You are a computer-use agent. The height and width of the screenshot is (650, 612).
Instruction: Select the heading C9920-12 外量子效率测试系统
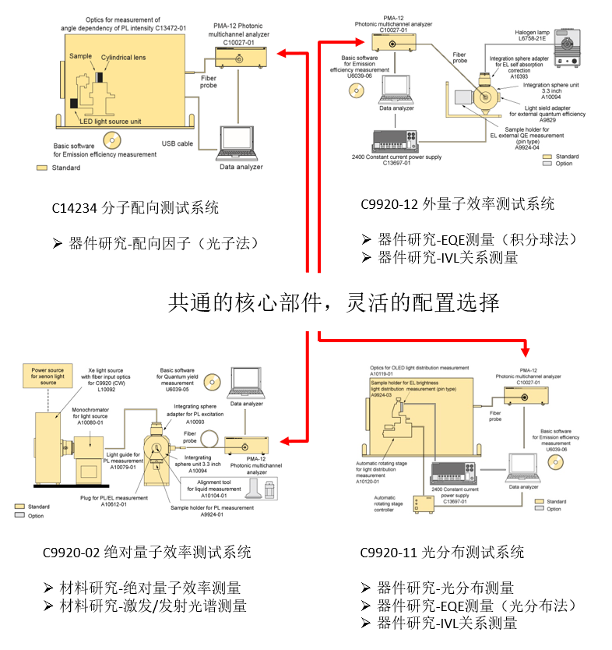click(x=458, y=204)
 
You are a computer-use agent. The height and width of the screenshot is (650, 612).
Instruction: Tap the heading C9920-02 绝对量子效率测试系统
click(x=147, y=553)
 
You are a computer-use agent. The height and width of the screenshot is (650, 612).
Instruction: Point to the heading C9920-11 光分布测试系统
click(x=442, y=553)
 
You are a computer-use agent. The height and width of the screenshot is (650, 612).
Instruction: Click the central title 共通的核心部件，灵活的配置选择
click(x=334, y=302)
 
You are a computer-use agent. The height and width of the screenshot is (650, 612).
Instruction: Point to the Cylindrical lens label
click(x=125, y=57)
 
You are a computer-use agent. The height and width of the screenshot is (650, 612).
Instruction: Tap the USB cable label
click(x=177, y=143)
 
